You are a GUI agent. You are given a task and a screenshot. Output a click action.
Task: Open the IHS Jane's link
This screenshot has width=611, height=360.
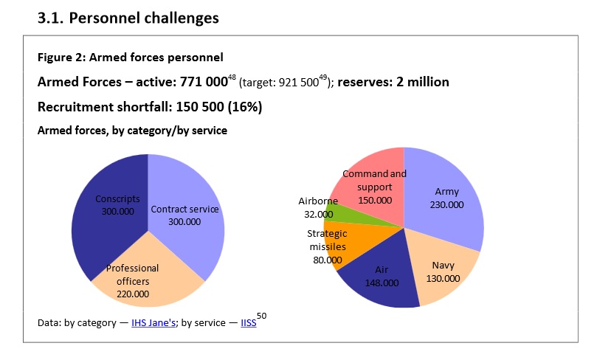point(153,323)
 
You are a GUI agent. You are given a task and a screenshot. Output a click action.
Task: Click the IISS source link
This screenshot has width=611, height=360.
point(249,323)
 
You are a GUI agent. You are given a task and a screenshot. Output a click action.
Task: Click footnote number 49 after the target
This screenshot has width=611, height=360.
point(324,76)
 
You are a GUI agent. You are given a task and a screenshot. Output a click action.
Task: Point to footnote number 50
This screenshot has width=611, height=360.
point(262,316)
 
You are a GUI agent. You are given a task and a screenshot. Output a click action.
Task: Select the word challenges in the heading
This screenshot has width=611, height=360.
point(180,18)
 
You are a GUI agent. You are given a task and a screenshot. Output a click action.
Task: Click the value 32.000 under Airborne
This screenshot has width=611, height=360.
point(319,214)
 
